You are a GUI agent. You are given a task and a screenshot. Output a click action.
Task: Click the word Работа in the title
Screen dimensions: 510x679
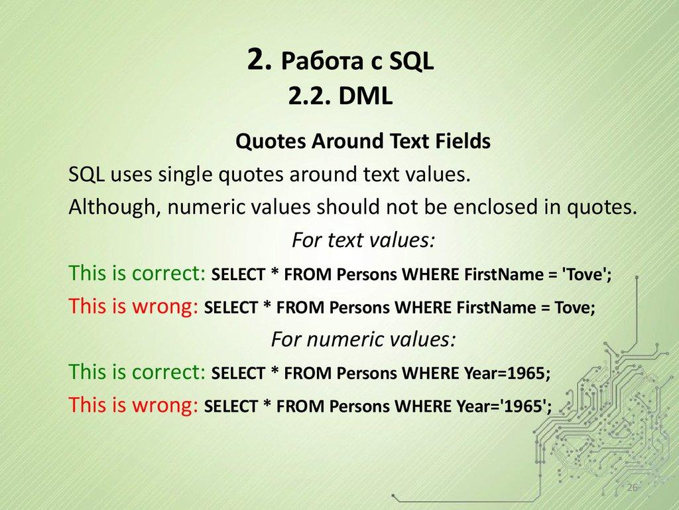coord(322,62)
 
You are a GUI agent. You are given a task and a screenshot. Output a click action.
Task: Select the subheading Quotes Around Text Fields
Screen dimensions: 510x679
coord(363,141)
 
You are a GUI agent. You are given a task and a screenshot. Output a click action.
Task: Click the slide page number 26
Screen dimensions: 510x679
coord(631,488)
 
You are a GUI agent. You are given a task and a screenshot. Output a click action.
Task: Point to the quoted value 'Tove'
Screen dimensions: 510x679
coord(586,275)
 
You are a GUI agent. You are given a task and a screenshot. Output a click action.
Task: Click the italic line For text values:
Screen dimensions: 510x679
coord(363,240)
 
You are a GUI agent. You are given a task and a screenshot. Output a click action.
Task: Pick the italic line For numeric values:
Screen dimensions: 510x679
coord(363,339)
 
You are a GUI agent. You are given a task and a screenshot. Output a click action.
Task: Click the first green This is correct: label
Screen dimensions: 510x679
coord(137,273)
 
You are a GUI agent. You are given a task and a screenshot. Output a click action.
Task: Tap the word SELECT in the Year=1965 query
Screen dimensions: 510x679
coord(236,373)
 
